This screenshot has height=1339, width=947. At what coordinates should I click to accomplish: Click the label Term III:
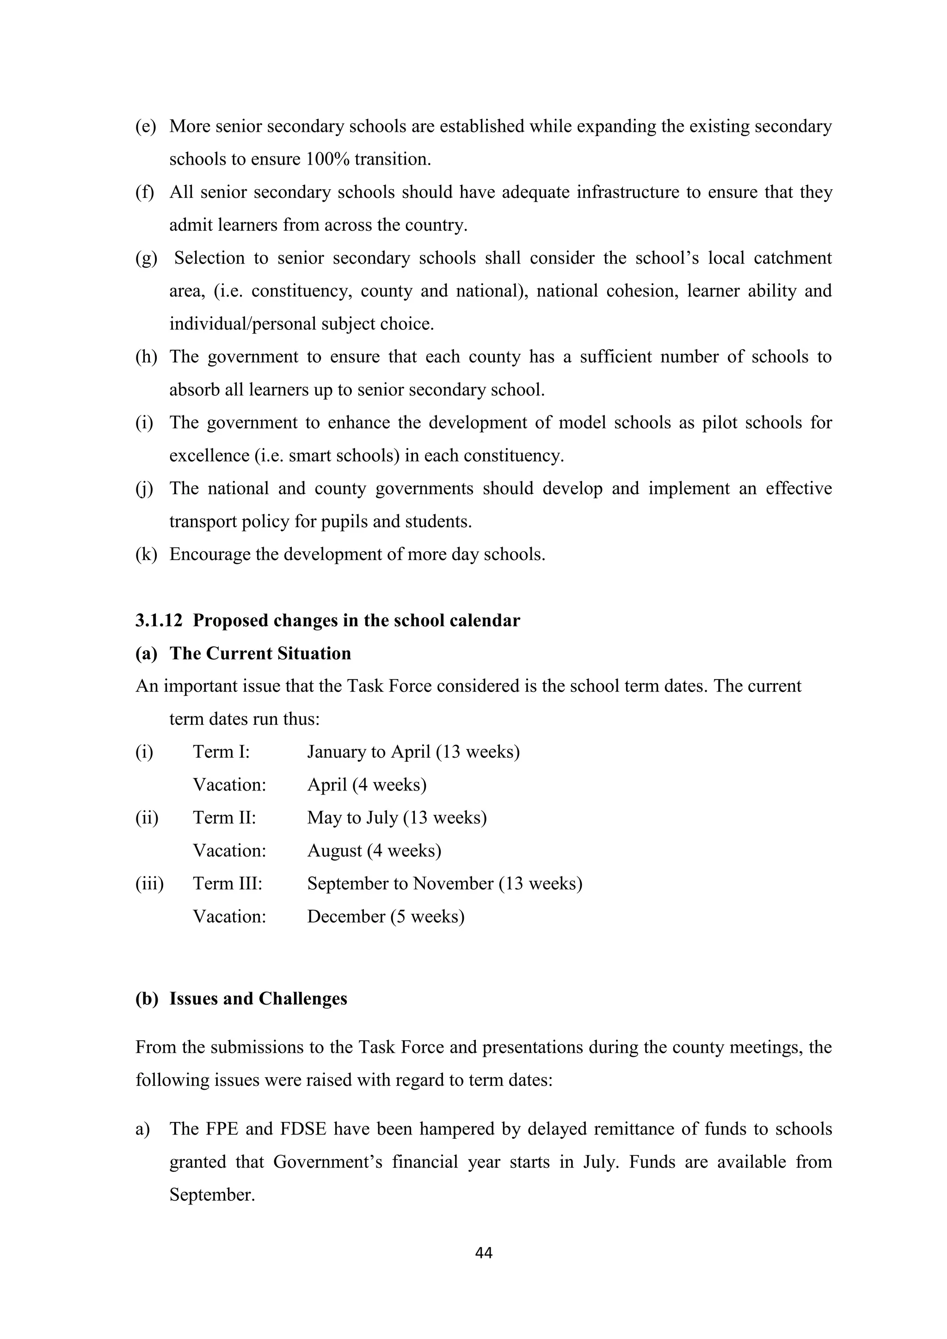228,883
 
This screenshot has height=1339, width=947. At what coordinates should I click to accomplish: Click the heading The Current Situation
260,653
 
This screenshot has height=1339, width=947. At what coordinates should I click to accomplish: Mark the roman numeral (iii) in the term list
149,883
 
